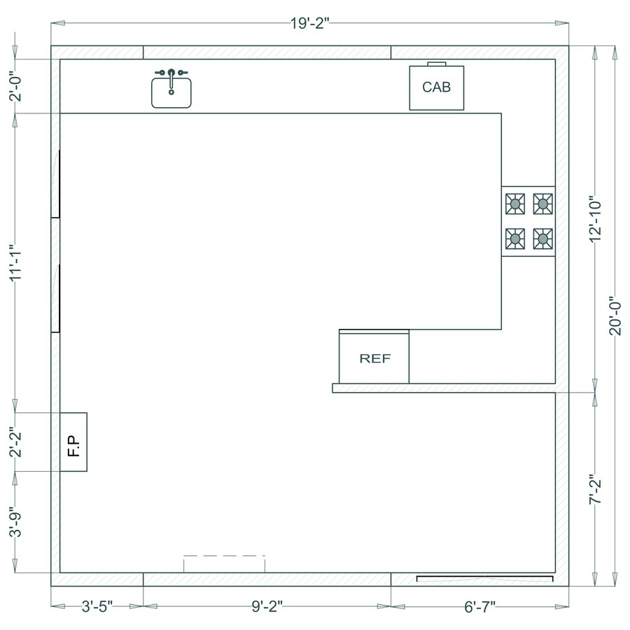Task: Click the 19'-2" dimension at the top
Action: [309, 23]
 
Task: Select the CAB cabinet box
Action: [436, 87]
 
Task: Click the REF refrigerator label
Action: [374, 358]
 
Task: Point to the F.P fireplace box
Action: [73, 442]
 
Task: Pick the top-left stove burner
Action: [516, 204]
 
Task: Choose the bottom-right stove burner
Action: [542, 239]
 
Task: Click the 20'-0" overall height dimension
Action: [615, 316]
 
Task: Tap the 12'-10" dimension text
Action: [596, 219]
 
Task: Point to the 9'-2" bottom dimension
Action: [266, 606]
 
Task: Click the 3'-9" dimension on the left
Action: [16, 521]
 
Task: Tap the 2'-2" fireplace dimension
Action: [16, 442]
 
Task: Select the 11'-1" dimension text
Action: [16, 262]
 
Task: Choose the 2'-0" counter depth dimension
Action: [16, 86]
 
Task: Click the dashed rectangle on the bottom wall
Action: [224, 564]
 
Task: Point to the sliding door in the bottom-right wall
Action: [484, 579]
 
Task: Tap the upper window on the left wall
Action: [55, 183]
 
